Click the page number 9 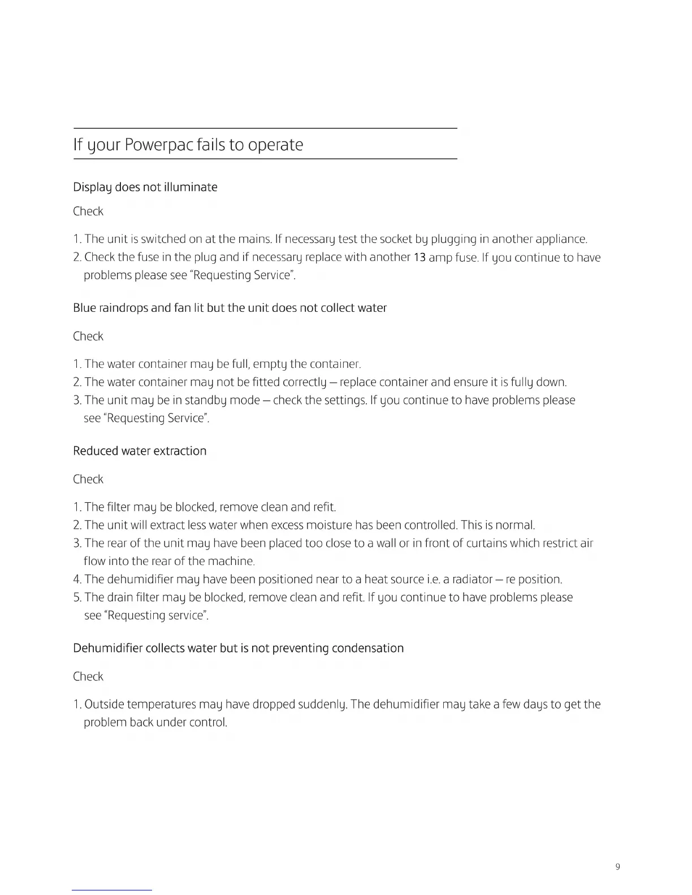[x=617, y=867]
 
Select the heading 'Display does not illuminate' [x=145, y=187]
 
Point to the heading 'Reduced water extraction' [x=140, y=451]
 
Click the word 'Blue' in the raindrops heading [x=84, y=308]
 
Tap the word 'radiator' [x=470, y=580]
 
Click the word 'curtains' [x=486, y=544]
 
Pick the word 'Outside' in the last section [x=104, y=705]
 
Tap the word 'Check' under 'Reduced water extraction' [x=88, y=479]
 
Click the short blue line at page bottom [x=112, y=890]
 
